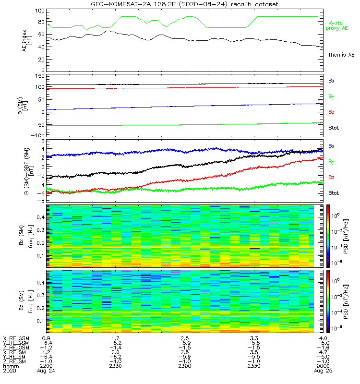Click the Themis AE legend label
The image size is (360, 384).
coord(341,55)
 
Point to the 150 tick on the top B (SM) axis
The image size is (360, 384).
coord(40,76)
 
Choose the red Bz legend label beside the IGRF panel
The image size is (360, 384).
coord(331,178)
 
